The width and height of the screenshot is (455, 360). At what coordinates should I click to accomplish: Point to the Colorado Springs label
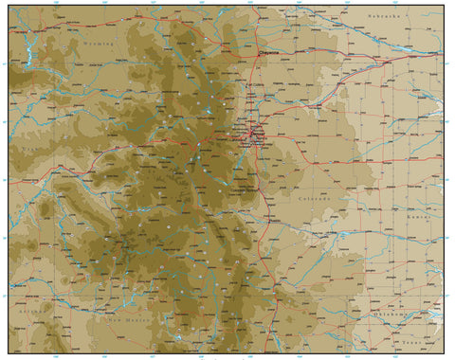(249, 189)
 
